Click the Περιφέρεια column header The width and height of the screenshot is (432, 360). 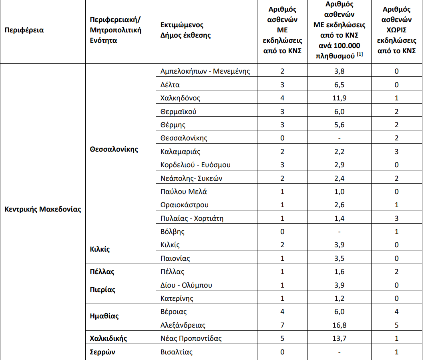24,30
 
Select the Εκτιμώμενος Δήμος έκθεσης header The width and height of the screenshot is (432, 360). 185,30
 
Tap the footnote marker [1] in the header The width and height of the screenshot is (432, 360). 360,54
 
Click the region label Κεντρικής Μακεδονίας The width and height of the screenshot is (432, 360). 43,209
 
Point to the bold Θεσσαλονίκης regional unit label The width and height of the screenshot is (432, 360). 114,149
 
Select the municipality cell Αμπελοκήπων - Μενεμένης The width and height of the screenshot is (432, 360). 205,71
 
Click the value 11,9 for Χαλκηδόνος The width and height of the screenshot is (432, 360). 339,98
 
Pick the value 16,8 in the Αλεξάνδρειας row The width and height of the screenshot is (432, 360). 339,325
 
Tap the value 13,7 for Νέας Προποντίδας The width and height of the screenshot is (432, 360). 339,338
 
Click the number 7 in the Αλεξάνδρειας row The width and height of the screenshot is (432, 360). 282,325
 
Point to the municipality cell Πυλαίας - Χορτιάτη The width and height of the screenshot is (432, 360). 192,218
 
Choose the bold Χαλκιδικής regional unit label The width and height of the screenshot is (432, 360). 109,338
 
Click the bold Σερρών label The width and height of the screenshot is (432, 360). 102,352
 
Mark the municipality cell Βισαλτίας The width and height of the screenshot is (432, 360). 177,352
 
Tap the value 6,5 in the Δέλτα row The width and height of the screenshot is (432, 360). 339,85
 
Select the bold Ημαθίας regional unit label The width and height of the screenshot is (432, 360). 104,316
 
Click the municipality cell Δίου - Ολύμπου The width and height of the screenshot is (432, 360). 186,285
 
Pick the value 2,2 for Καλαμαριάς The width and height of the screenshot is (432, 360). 339,152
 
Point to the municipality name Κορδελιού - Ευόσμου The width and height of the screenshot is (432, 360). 195,165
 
